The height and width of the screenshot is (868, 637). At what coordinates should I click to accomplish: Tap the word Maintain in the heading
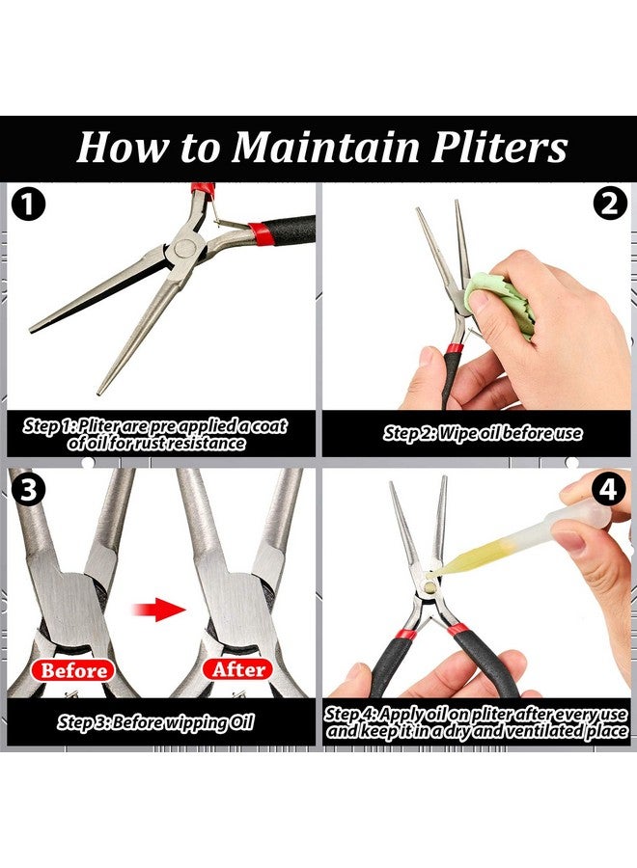click(325, 148)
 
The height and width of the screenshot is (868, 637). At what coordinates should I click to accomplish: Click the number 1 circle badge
click(28, 204)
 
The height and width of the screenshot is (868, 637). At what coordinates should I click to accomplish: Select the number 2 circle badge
click(609, 203)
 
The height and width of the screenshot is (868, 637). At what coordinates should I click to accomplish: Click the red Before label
click(73, 670)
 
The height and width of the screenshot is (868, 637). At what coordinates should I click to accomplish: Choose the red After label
click(238, 670)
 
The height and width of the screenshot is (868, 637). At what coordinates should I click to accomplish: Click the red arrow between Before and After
click(159, 610)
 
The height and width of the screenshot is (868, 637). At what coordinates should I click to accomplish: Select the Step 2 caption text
click(483, 433)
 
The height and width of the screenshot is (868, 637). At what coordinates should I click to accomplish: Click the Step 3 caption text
click(155, 722)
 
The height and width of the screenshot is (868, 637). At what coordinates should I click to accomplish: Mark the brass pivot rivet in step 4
click(429, 583)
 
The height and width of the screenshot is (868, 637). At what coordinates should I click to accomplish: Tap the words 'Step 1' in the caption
click(48, 426)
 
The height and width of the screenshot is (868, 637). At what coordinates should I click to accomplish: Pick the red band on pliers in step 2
click(455, 349)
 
